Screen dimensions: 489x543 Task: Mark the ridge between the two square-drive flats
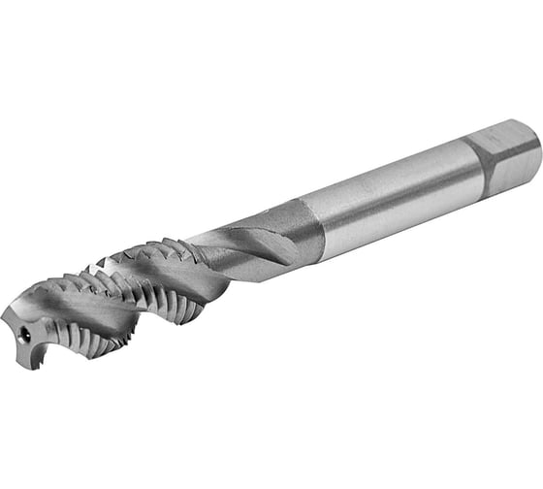[x=502, y=153]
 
